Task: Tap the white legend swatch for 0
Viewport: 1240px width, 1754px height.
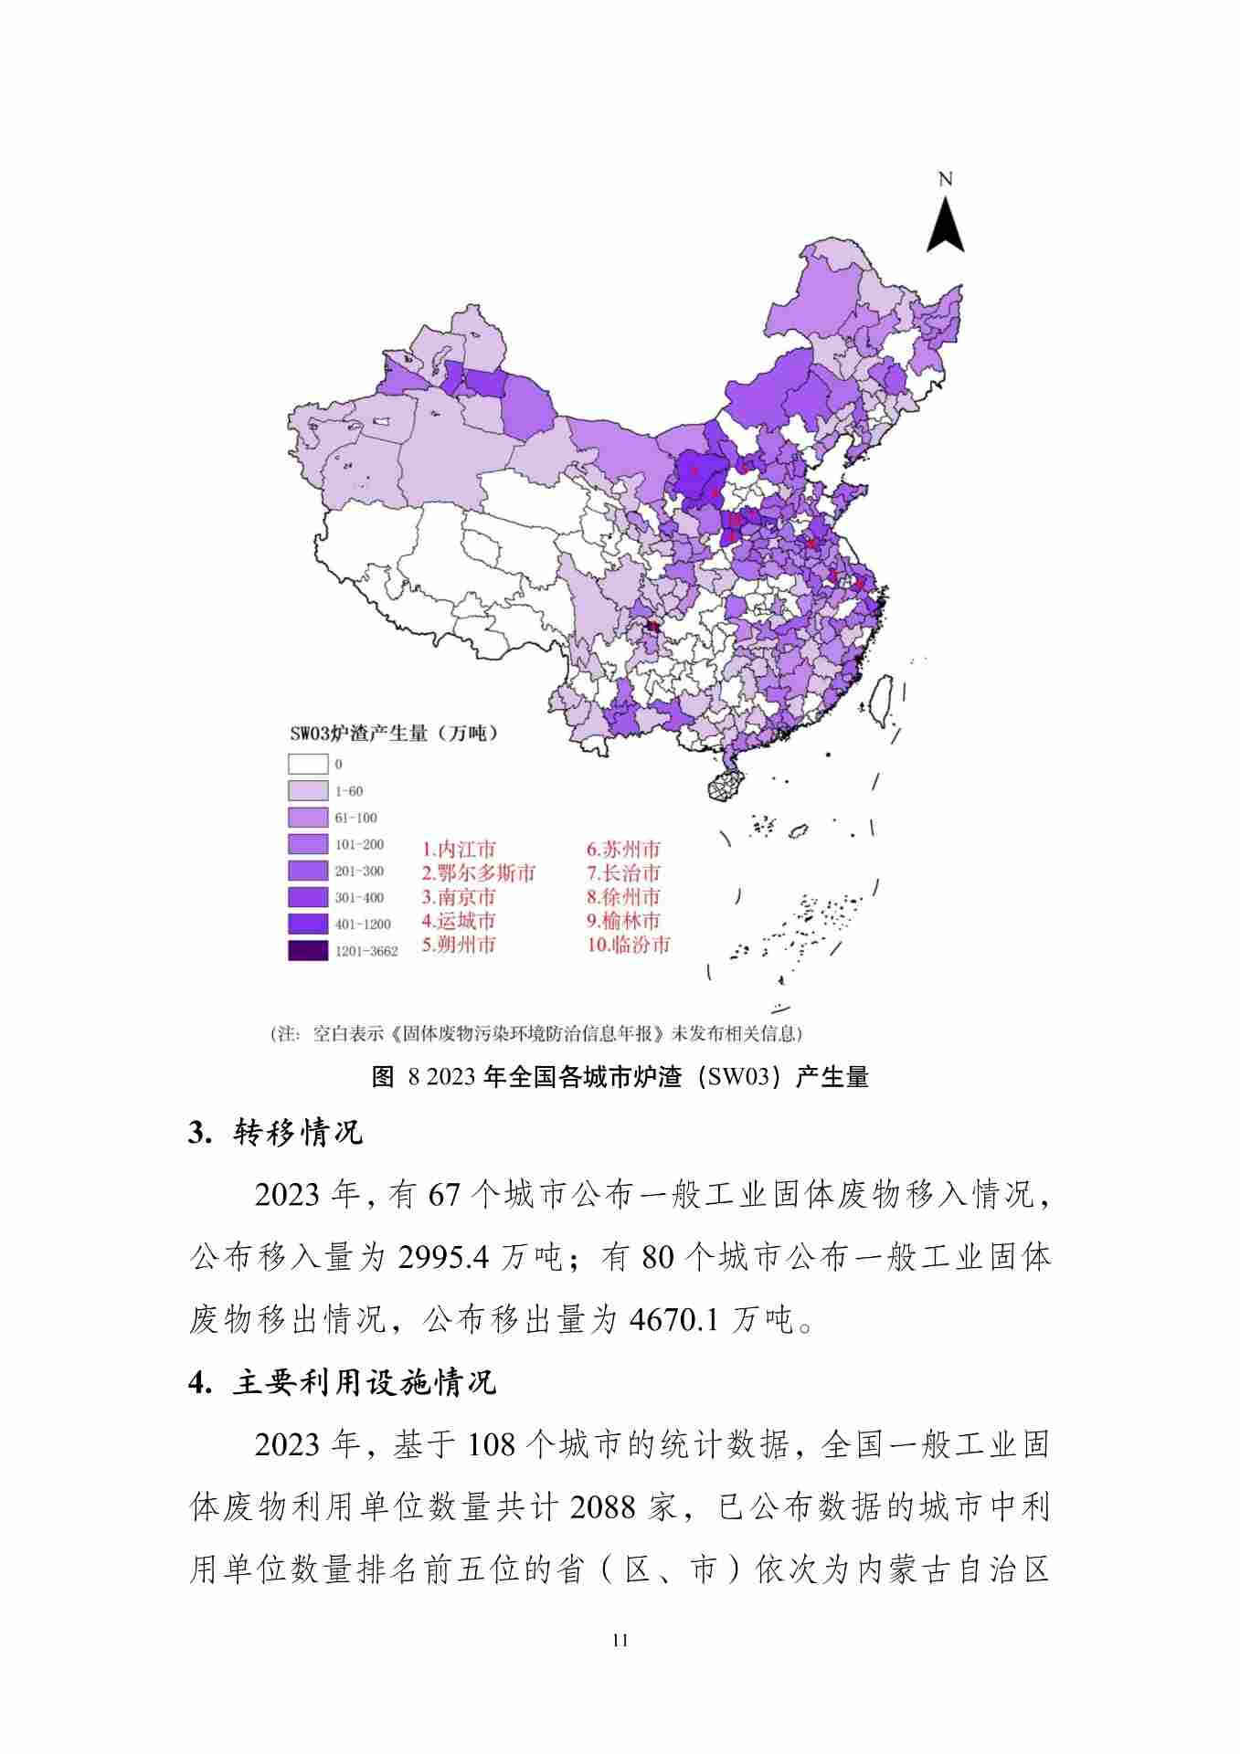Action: (307, 764)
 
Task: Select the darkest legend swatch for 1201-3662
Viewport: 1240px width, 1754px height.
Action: (307, 951)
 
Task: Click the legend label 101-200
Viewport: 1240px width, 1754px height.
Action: (359, 844)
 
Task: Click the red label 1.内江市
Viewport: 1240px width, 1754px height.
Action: (459, 850)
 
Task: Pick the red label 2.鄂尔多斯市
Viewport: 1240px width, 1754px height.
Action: (479, 873)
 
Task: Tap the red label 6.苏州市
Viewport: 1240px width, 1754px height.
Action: (623, 850)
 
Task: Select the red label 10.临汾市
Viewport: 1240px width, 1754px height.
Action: (629, 945)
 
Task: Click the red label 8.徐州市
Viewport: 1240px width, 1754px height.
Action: (623, 897)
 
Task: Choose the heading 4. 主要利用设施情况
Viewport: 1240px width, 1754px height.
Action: (343, 1382)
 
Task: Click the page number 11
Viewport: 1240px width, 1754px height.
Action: (620, 1640)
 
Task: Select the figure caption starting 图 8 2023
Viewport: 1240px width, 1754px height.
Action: (620, 1077)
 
